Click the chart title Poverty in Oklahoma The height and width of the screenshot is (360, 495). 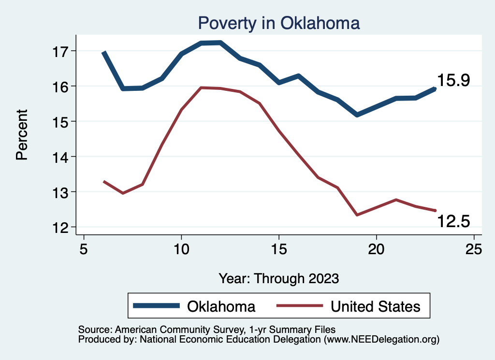click(279, 23)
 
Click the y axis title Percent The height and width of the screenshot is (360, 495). click(22, 135)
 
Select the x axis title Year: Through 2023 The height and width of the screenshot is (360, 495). click(279, 278)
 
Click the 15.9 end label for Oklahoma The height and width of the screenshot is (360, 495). click(453, 81)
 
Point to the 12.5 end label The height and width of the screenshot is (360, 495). click(453, 221)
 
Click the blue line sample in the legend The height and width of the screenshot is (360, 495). click(157, 306)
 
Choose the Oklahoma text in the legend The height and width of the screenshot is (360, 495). click(221, 306)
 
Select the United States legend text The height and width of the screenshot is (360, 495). click(376, 306)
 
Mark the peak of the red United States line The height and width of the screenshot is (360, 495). click(201, 87)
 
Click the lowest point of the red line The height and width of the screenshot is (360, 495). click(357, 215)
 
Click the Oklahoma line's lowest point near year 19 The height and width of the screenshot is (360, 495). click(357, 115)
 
